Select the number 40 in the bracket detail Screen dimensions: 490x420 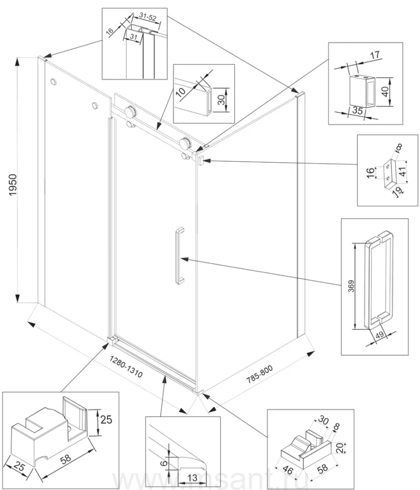click(x=386, y=90)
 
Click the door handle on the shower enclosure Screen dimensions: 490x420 click(x=179, y=255)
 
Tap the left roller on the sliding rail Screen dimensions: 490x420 click(x=130, y=112)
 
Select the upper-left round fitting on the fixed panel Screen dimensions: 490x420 click(x=53, y=82)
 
